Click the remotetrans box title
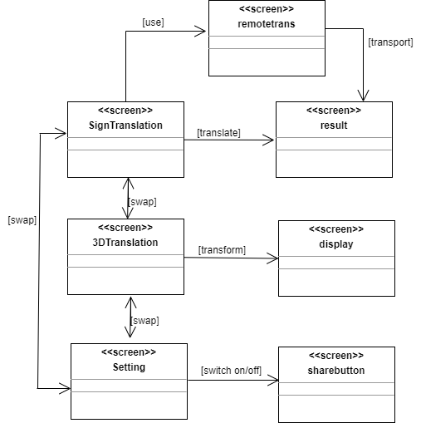coord(267,24)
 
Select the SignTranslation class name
coord(125,125)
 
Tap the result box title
coord(334,125)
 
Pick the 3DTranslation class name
coord(125,243)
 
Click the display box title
coord(336,244)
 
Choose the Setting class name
coord(129,367)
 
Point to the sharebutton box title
coord(336,371)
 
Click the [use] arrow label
coord(153,22)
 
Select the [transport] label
coord(390,42)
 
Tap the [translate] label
coord(218,133)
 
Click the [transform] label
coord(222,250)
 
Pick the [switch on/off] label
coord(231,371)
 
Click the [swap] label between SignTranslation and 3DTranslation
coord(142,202)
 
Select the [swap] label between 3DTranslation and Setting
coord(144,321)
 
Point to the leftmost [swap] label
coord(22,220)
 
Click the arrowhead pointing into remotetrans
coord(200,31)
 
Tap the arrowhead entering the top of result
coord(363,96)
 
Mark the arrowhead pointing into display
coord(272,258)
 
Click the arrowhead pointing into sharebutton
coord(273,380)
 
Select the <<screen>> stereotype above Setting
coord(129,352)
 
